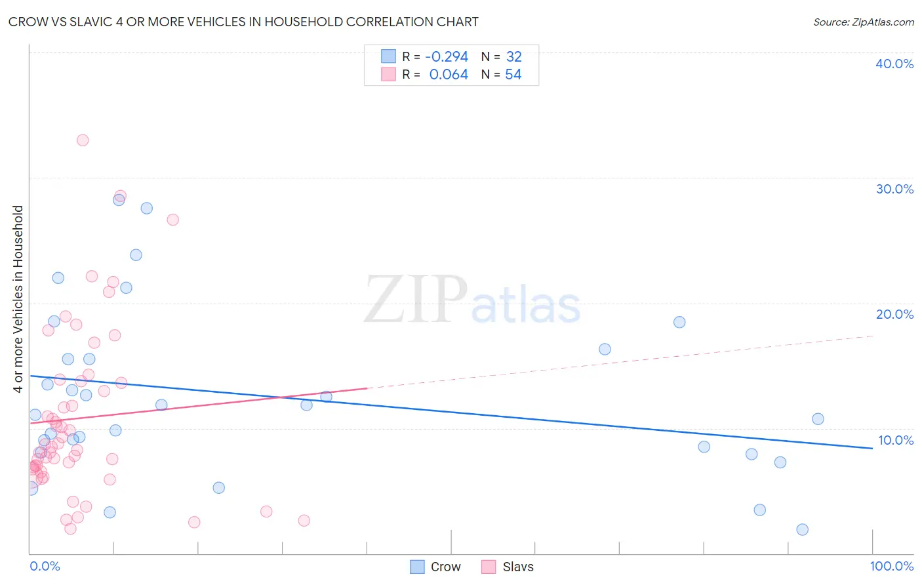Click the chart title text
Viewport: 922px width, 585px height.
click(x=243, y=22)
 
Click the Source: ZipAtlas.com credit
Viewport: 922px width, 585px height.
click(x=863, y=22)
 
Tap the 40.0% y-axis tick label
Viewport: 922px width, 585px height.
click(x=894, y=64)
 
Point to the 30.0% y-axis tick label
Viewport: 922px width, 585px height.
click(x=894, y=189)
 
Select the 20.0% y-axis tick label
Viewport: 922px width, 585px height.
click(x=894, y=314)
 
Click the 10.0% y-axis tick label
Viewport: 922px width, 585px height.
click(x=895, y=440)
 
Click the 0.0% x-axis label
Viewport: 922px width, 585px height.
click(x=45, y=566)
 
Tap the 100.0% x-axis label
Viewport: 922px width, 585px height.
click(x=891, y=566)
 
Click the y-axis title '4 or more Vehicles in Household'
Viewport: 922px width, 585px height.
click(x=18, y=299)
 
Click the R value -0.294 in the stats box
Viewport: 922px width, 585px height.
click(x=447, y=57)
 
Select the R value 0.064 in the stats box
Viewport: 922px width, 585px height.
click(x=449, y=75)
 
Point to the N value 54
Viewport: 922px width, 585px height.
click(x=513, y=75)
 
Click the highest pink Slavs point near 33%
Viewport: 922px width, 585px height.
click(x=83, y=140)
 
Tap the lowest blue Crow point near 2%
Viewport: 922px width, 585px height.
click(x=802, y=529)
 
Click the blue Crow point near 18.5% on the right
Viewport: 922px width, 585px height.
click(x=679, y=322)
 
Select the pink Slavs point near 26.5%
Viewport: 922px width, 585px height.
click(x=173, y=220)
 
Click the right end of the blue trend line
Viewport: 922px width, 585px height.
click(x=872, y=448)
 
